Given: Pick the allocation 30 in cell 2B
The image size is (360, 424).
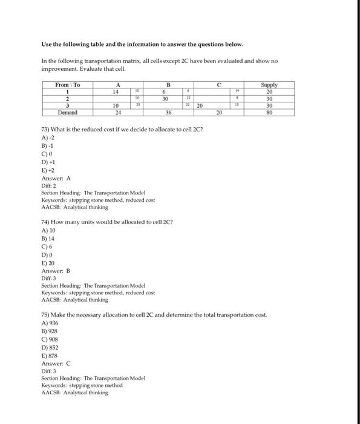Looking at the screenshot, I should point(165,98).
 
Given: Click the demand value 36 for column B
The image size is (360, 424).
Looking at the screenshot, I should point(169,112).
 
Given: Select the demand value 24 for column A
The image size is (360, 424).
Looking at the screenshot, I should point(119,112).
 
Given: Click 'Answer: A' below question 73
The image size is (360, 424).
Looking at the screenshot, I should point(56,179).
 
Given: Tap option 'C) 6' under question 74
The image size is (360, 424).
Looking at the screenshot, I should point(46,264).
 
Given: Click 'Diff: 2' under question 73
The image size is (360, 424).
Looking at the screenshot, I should point(48,185).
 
